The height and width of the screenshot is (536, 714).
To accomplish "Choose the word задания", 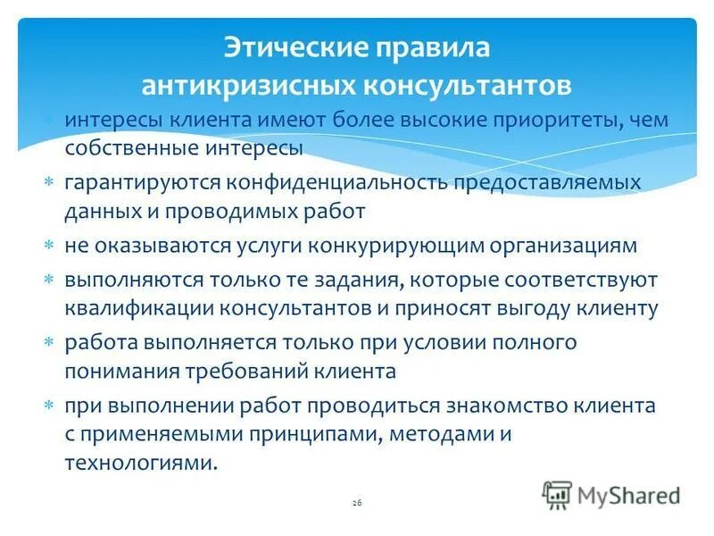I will coord(355,280).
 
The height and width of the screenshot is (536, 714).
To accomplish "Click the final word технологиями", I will coord(139,463).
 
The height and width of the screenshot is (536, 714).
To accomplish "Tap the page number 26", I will coord(357,504).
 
